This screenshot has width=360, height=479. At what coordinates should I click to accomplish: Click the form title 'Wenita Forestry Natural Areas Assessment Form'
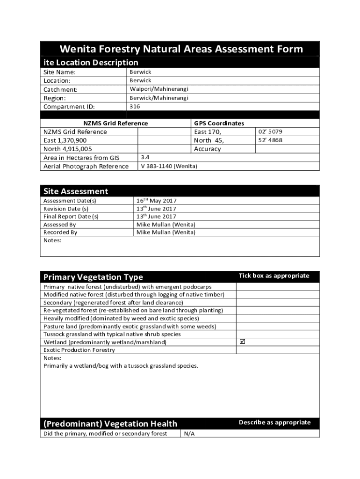pos(180,49)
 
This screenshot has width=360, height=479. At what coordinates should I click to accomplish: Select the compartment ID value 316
pos(135,107)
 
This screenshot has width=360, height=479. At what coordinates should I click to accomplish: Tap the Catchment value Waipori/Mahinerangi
pos(159,89)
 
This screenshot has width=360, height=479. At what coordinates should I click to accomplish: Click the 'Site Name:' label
pos(59,72)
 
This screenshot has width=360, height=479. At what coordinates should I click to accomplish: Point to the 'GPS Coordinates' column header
pos(219,123)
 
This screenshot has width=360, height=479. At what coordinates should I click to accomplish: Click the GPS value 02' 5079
pos(270,132)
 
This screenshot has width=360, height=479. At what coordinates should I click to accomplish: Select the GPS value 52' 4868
pos(270,140)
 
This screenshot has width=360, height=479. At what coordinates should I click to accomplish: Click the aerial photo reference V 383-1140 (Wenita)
pos(169,167)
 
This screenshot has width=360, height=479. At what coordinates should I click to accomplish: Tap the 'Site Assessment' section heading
pos(76,191)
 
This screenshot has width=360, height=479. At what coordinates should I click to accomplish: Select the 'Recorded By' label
pos(60,232)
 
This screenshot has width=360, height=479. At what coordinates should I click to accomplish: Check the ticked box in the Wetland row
pos(242,342)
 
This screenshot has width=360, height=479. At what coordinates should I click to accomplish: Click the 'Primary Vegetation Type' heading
pos(93,277)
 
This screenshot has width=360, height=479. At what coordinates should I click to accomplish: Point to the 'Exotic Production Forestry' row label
pos(79,350)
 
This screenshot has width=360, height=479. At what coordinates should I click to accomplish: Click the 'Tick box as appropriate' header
pos(274,276)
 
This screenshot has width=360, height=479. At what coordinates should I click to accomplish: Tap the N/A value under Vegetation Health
pos(189,434)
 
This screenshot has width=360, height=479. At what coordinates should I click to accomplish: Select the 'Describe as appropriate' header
pos(274,422)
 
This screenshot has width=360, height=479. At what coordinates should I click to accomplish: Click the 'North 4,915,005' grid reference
pos(67,149)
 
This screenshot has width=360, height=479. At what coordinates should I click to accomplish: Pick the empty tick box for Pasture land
pos(278,326)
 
